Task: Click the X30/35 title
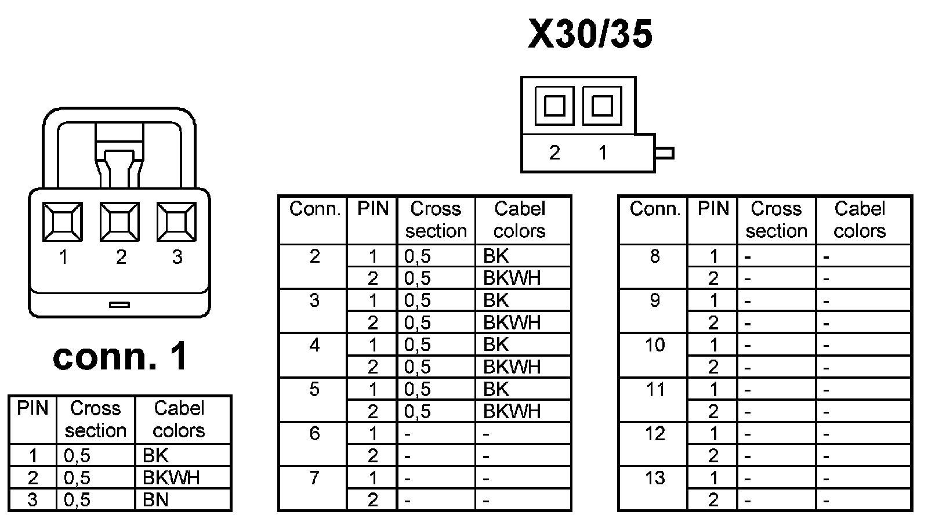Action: pos(590,34)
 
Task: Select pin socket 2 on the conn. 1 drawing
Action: pos(120,222)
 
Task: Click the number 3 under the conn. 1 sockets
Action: pos(177,256)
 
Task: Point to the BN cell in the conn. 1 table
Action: pos(155,499)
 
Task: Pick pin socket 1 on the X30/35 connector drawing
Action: pos(602,106)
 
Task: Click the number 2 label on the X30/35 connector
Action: pos(554,153)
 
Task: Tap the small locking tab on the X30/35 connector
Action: pos(665,153)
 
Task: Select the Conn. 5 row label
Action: pos(314,389)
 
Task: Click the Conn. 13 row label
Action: pos(655,478)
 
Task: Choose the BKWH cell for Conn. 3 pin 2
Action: pos(512,322)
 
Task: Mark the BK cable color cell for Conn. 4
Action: pos(496,345)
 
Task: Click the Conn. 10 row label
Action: pos(655,345)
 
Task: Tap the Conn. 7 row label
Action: pos(314,478)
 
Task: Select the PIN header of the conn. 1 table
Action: pos(32,408)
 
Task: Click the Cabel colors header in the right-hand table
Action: pos(860,220)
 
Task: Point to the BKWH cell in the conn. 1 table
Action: pos(171,477)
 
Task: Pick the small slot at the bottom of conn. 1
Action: pos(119,304)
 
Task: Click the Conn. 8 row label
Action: pos(655,256)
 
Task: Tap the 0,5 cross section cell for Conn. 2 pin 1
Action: pos(418,256)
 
